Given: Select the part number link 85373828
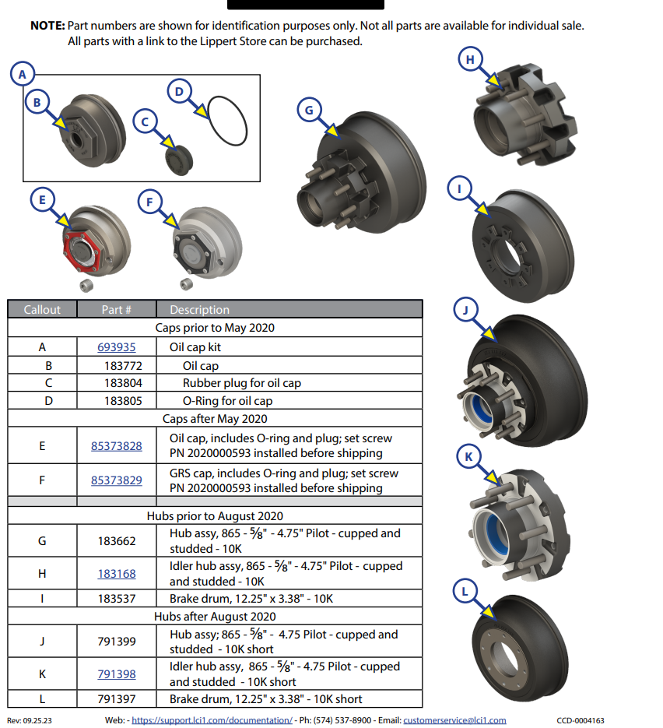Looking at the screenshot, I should (116, 446).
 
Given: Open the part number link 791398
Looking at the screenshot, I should (116, 674).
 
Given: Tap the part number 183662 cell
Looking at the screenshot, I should (116, 541).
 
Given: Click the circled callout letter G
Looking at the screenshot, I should (309, 111).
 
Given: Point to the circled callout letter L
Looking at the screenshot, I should (465, 591).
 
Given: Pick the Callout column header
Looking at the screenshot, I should (42, 309).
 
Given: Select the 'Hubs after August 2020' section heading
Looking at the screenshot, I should (215, 617).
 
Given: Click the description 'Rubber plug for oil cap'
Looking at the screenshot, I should (241, 383).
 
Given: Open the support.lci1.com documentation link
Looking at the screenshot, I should (212, 720).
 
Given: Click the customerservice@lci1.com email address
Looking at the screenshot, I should (454, 720).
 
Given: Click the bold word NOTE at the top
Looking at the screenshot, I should (47, 26).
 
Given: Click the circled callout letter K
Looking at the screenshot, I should (468, 457).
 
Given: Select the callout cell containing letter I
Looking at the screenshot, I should (42, 599).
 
